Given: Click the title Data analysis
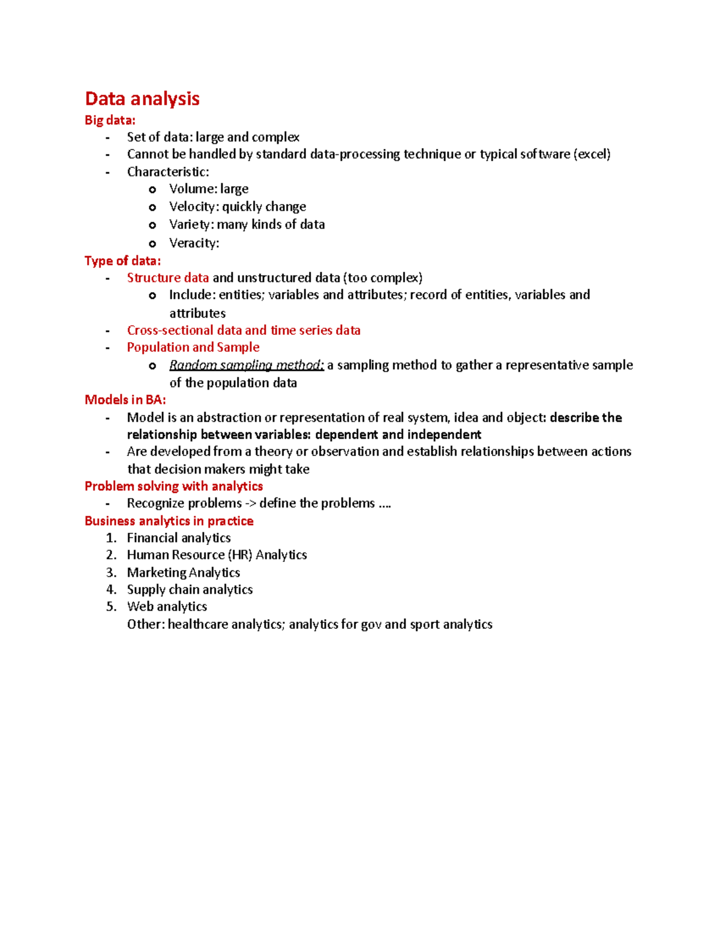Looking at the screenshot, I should (x=142, y=98).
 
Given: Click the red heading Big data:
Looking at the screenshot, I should (x=110, y=120).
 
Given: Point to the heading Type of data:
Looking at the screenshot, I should (x=122, y=260).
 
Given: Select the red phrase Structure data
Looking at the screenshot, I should (x=168, y=278).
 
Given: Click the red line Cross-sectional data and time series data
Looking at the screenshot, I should (x=244, y=330).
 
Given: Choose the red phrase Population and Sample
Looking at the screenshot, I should (x=193, y=347).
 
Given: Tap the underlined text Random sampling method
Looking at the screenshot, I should (x=246, y=365).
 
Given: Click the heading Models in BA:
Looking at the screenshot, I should (x=125, y=400).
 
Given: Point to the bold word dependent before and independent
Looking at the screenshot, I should (x=346, y=434).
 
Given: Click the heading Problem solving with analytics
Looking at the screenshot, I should (x=173, y=486).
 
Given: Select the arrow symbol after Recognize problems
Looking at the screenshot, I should (x=250, y=504).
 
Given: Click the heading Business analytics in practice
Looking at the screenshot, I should (x=169, y=521).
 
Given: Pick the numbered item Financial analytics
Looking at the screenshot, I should (x=179, y=538).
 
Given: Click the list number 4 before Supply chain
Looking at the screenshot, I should (x=111, y=589).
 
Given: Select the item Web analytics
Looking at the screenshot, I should (x=167, y=606).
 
